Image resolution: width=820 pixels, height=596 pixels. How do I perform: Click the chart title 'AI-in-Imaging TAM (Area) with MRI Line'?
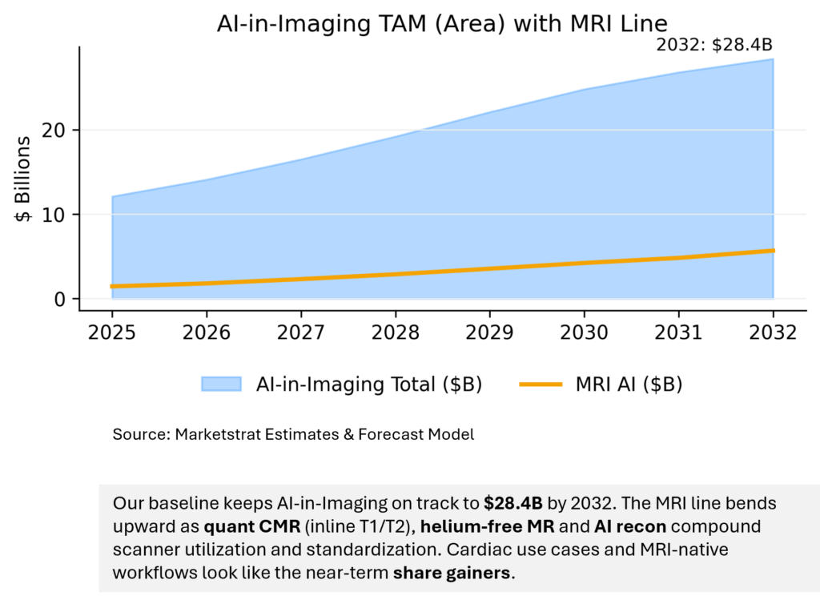pyautogui.click(x=441, y=23)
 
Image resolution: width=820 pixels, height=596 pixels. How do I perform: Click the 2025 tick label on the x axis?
pyautogui.click(x=112, y=332)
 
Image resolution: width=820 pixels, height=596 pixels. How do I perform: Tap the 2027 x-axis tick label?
pyautogui.click(x=301, y=332)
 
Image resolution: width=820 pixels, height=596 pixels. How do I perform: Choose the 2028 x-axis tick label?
pyautogui.click(x=396, y=332)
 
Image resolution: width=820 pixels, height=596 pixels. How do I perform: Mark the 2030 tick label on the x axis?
pyautogui.click(x=585, y=332)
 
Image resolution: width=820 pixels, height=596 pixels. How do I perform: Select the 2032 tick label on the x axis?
pyautogui.click(x=774, y=332)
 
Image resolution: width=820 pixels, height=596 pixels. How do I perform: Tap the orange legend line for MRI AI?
pyautogui.click(x=542, y=385)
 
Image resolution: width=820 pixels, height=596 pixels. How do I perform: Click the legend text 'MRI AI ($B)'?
pyautogui.click(x=629, y=385)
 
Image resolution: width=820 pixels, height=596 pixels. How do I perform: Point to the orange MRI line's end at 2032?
pyautogui.click(x=773, y=251)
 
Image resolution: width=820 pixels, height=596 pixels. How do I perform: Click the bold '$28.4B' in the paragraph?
pyautogui.click(x=512, y=504)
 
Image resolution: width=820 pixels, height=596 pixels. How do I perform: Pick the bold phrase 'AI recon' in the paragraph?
pyautogui.click(x=625, y=527)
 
